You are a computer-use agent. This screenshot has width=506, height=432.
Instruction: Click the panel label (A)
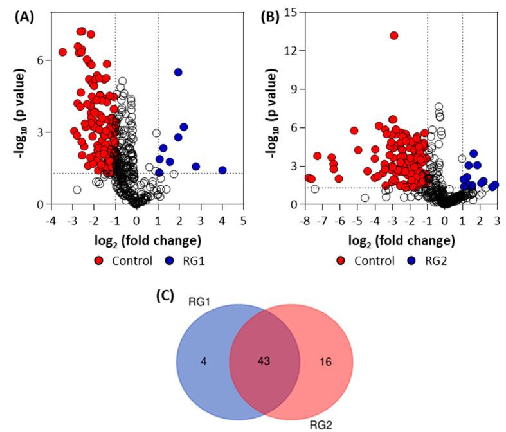(24, 17)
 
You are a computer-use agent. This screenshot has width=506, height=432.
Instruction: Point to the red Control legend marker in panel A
(98, 261)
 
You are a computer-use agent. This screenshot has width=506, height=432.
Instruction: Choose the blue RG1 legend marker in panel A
(168, 261)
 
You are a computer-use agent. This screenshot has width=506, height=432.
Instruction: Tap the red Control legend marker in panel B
(341, 261)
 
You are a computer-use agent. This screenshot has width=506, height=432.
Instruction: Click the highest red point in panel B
(394, 35)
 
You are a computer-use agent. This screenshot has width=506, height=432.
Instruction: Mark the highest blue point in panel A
(178, 72)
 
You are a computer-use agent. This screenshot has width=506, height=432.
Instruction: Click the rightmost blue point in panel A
(222, 170)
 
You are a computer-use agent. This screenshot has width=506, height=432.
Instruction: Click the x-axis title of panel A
(136, 241)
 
